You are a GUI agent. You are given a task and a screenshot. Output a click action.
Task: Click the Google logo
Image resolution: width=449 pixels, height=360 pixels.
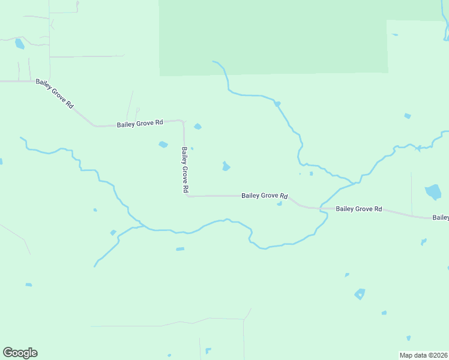tap(20, 353)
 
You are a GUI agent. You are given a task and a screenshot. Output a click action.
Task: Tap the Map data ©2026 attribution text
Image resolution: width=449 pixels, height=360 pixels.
tap(424, 355)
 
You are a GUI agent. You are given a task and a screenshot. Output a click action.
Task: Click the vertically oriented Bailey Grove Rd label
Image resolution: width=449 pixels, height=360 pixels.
tap(185, 170)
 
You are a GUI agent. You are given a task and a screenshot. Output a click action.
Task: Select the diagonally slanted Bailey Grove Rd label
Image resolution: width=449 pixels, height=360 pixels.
tap(55, 93)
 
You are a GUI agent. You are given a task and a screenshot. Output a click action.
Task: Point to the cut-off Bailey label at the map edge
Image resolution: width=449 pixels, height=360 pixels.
tap(441, 217)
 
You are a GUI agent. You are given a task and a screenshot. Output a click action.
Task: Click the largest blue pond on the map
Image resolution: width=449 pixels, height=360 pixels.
tap(433, 192)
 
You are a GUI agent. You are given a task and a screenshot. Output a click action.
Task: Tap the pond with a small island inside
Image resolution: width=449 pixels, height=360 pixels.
tap(360, 293)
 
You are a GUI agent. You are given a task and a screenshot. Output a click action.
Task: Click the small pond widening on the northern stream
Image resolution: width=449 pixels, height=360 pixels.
tap(277, 104)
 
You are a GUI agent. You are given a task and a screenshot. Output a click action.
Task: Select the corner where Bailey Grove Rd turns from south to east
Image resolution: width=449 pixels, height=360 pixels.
tap(187, 195)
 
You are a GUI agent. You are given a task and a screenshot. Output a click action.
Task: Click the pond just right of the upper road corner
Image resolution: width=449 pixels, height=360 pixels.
tap(197, 126)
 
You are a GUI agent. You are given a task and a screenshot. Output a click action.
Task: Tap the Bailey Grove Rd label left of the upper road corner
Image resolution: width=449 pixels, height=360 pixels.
tap(140, 124)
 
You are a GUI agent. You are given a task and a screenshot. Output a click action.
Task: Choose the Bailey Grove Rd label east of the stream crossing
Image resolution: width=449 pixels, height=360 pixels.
tap(358, 209)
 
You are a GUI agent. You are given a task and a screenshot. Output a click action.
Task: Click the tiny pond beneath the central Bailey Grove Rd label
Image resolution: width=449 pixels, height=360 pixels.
tap(279, 204)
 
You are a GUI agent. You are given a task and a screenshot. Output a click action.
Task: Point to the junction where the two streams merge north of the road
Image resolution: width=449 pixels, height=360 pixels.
tap(356, 181)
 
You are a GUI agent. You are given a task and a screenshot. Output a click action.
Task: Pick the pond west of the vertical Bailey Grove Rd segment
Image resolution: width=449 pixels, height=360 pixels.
tap(163, 144)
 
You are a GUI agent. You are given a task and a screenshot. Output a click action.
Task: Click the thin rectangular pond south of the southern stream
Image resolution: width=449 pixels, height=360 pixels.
tap(180, 249)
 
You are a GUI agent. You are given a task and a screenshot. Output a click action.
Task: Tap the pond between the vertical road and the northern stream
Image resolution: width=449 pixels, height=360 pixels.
tap(226, 166)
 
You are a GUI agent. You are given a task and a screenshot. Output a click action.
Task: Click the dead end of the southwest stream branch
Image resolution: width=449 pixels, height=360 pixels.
tap(95, 266)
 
